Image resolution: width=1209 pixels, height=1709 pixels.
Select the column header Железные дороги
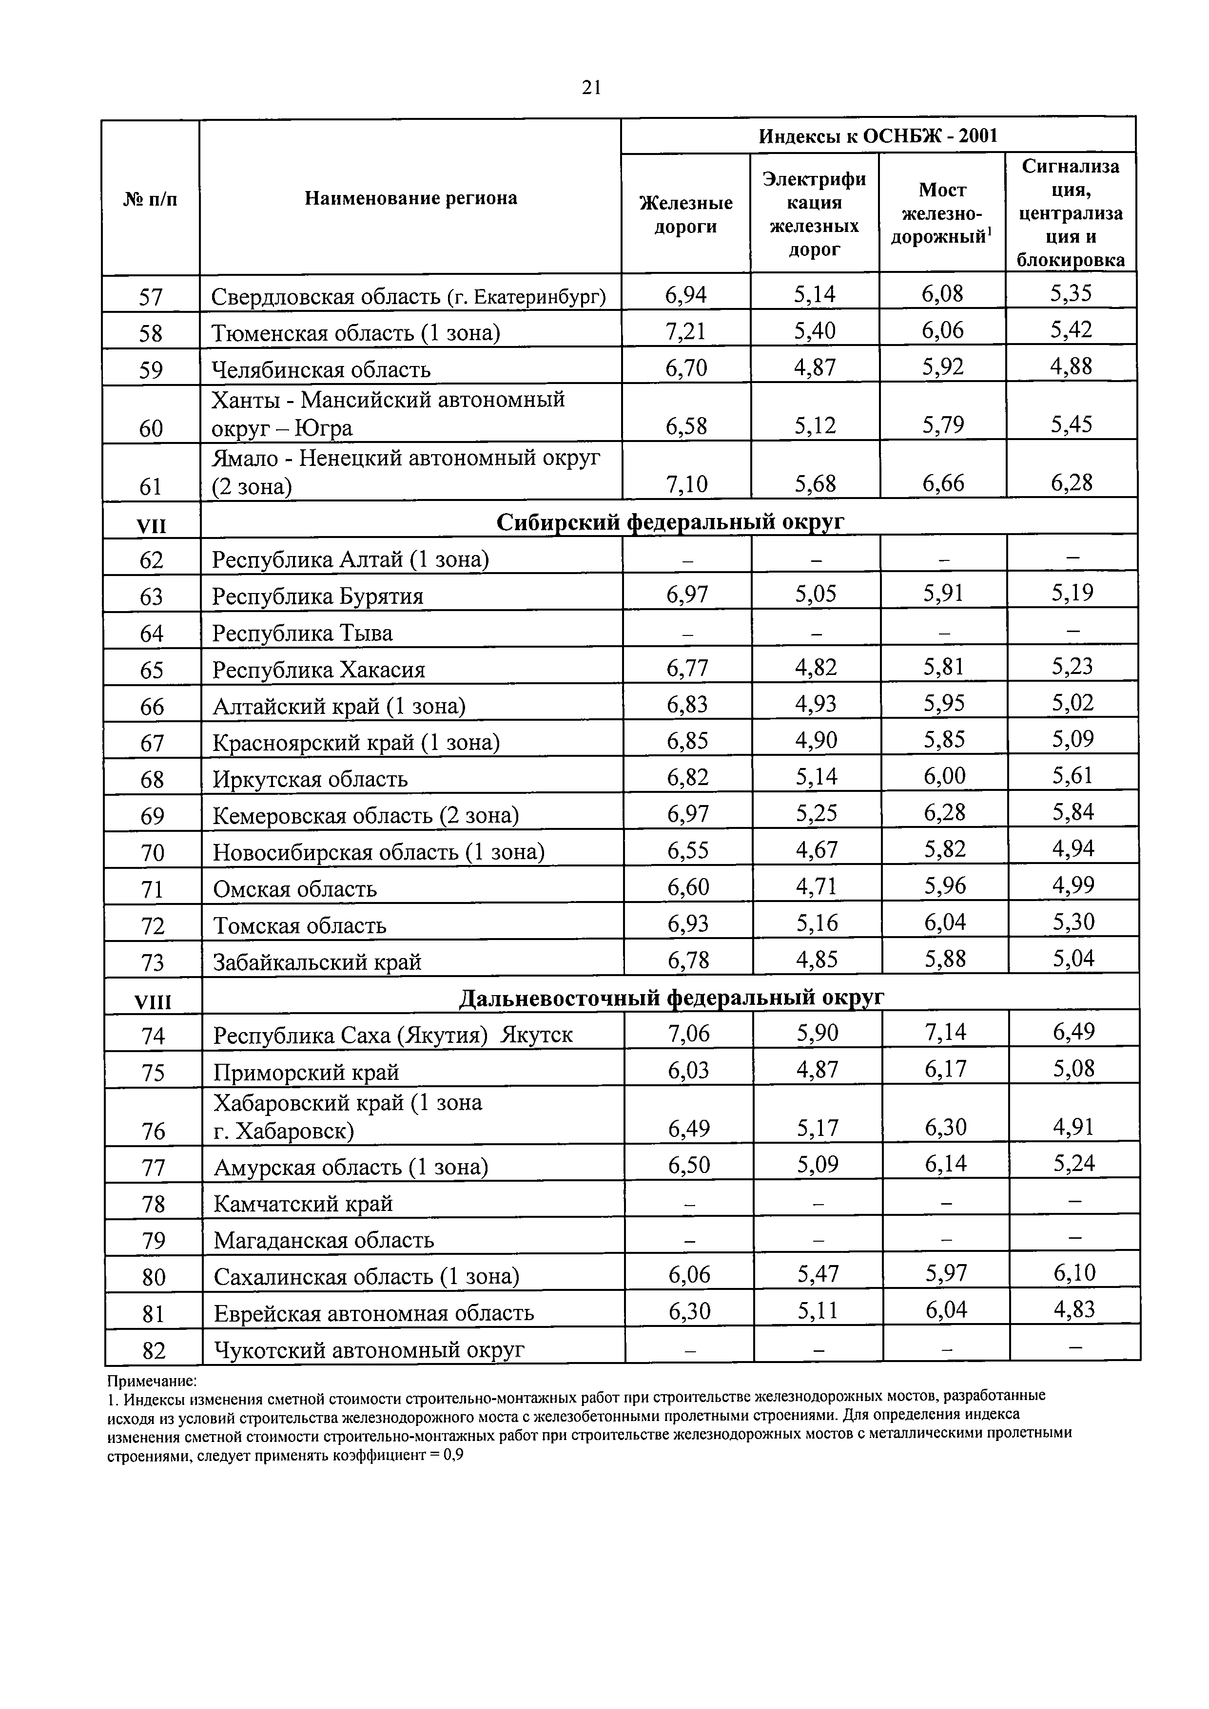tap(685, 214)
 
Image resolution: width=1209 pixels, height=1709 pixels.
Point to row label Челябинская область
tap(321, 369)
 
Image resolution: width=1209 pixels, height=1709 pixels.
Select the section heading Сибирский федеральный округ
tap(669, 522)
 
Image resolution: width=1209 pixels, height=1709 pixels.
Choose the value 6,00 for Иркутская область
tap(944, 776)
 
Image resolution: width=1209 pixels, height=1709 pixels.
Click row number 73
tap(152, 962)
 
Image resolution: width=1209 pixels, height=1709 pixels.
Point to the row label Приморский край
tap(306, 1072)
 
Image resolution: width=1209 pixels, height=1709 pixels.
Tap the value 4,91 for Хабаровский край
tap(1073, 1127)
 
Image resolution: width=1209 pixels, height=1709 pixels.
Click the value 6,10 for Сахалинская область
tap(1074, 1273)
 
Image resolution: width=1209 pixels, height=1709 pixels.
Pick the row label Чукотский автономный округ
tap(369, 1349)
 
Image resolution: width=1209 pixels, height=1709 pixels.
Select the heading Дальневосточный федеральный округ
tap(671, 998)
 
